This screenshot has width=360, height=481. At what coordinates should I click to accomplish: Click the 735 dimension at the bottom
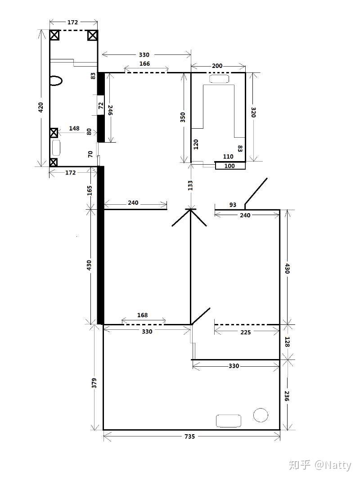click(189, 436)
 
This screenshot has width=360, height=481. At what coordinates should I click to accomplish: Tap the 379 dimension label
click(94, 383)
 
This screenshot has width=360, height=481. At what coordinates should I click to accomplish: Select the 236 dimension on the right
click(286, 396)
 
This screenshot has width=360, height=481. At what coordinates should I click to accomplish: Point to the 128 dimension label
click(287, 342)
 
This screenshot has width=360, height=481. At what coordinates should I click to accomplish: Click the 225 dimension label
click(246, 332)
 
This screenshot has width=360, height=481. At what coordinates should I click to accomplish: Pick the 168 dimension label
click(142, 315)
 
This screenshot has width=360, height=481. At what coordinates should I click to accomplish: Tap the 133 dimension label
click(190, 185)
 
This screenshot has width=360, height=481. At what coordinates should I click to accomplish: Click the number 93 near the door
click(233, 205)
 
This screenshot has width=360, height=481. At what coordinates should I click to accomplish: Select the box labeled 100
click(230, 166)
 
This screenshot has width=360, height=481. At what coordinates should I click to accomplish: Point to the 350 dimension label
click(183, 117)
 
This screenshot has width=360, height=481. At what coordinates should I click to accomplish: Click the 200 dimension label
click(217, 66)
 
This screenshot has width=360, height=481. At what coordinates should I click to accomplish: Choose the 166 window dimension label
click(144, 63)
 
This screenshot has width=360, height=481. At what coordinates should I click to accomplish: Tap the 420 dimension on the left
click(41, 108)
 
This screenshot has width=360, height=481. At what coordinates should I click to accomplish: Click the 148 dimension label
click(74, 128)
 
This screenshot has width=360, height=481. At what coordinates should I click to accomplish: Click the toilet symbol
click(56, 81)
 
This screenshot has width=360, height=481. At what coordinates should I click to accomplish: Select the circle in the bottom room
click(261, 415)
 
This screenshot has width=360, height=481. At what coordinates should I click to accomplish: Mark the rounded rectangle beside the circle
click(229, 421)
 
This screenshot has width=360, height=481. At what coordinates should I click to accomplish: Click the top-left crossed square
click(54, 35)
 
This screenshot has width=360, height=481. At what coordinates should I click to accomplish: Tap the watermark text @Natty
click(333, 465)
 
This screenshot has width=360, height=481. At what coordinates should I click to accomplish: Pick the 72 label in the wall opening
click(101, 106)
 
